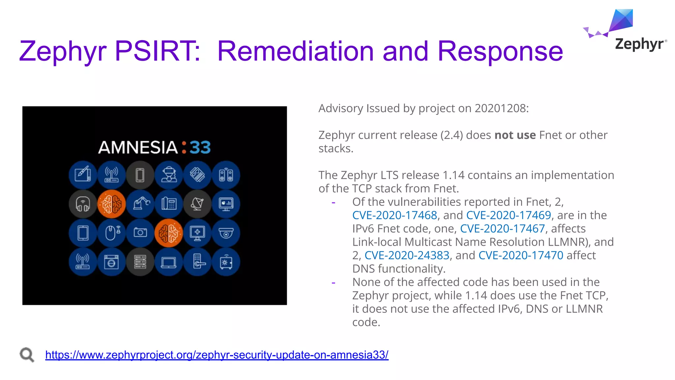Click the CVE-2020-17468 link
coord(395,215)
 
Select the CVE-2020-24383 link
coord(407,255)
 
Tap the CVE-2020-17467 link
coord(502,229)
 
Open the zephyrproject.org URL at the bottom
coord(217,355)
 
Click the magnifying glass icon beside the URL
coord(27,355)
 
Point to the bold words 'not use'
coord(515,135)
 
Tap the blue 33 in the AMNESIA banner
coord(200,147)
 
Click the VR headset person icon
coord(169,175)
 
